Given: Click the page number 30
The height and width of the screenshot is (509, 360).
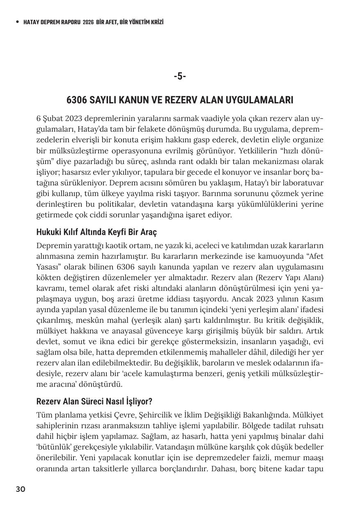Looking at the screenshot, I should (x=21, y=489).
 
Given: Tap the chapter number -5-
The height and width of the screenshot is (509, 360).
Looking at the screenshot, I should (x=180, y=76).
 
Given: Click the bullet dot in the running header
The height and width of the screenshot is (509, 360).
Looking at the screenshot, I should (x=17, y=22).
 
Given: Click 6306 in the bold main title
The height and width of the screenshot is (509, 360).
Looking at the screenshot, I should (x=77, y=100).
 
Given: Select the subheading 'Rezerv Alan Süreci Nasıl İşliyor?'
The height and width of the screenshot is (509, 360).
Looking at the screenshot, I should (x=94, y=401).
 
